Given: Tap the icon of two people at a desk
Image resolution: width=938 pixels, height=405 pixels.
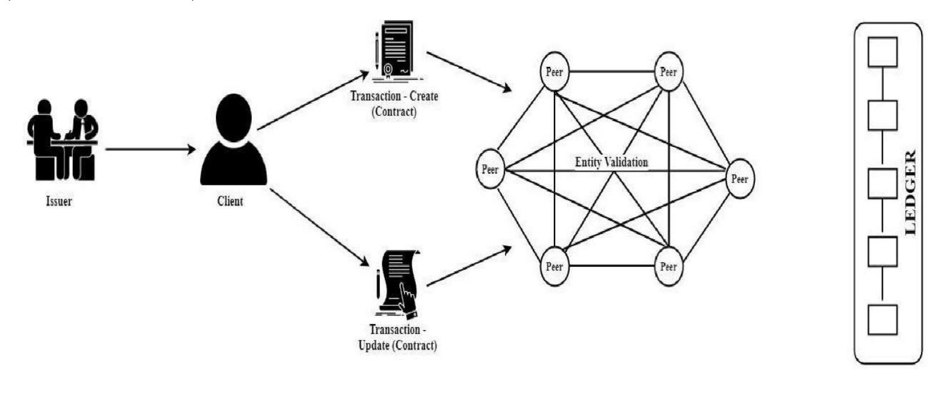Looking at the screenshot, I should pyautogui.click(x=62, y=140).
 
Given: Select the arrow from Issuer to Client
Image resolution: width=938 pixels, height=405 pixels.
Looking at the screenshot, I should pyautogui.click(x=149, y=148).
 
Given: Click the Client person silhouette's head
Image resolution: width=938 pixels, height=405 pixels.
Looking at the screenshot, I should pyautogui.click(x=233, y=117).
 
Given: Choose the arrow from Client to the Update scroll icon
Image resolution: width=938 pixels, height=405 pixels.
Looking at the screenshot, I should pyautogui.click(x=319, y=227).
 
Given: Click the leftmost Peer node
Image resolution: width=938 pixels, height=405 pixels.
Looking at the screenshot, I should pyautogui.click(x=491, y=170).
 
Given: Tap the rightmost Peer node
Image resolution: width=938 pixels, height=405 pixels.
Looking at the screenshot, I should pyautogui.click(x=740, y=179).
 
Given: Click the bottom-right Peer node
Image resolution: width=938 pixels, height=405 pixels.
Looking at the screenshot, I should pyautogui.click(x=668, y=266).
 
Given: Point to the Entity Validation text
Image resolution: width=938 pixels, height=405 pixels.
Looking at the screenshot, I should pyautogui.click(x=612, y=162).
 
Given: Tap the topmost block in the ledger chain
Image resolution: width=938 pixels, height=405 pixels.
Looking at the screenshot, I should pyautogui.click(x=882, y=52).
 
